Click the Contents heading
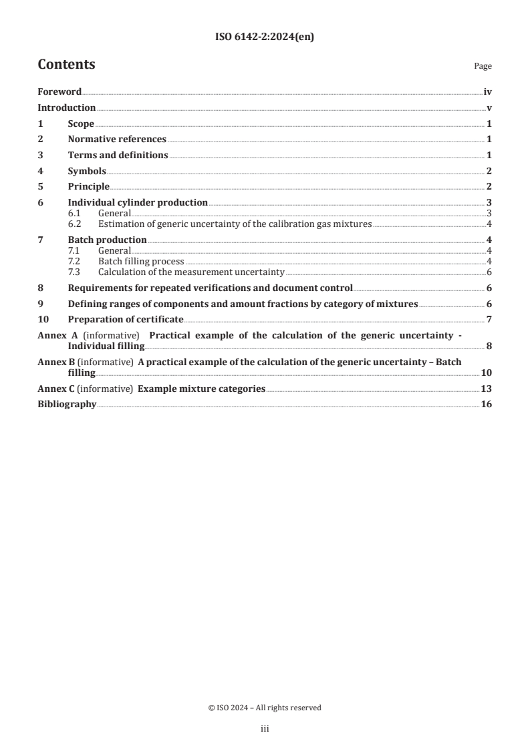click(66, 65)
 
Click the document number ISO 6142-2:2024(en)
click(265, 37)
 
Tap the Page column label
click(483, 66)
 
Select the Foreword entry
click(59, 91)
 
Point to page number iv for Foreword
click(487, 91)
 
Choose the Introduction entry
click(66, 107)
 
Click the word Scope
click(81, 123)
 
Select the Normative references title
click(117, 139)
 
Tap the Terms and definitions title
click(118, 155)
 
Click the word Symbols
click(87, 171)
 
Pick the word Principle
click(88, 186)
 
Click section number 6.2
click(74, 224)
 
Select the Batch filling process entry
click(141, 261)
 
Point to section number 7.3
click(74, 271)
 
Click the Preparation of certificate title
click(126, 319)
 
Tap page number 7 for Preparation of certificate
click(489, 319)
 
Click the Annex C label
click(55, 389)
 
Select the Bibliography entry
click(67, 405)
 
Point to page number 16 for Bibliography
click(487, 405)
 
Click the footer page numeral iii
click(265, 730)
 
